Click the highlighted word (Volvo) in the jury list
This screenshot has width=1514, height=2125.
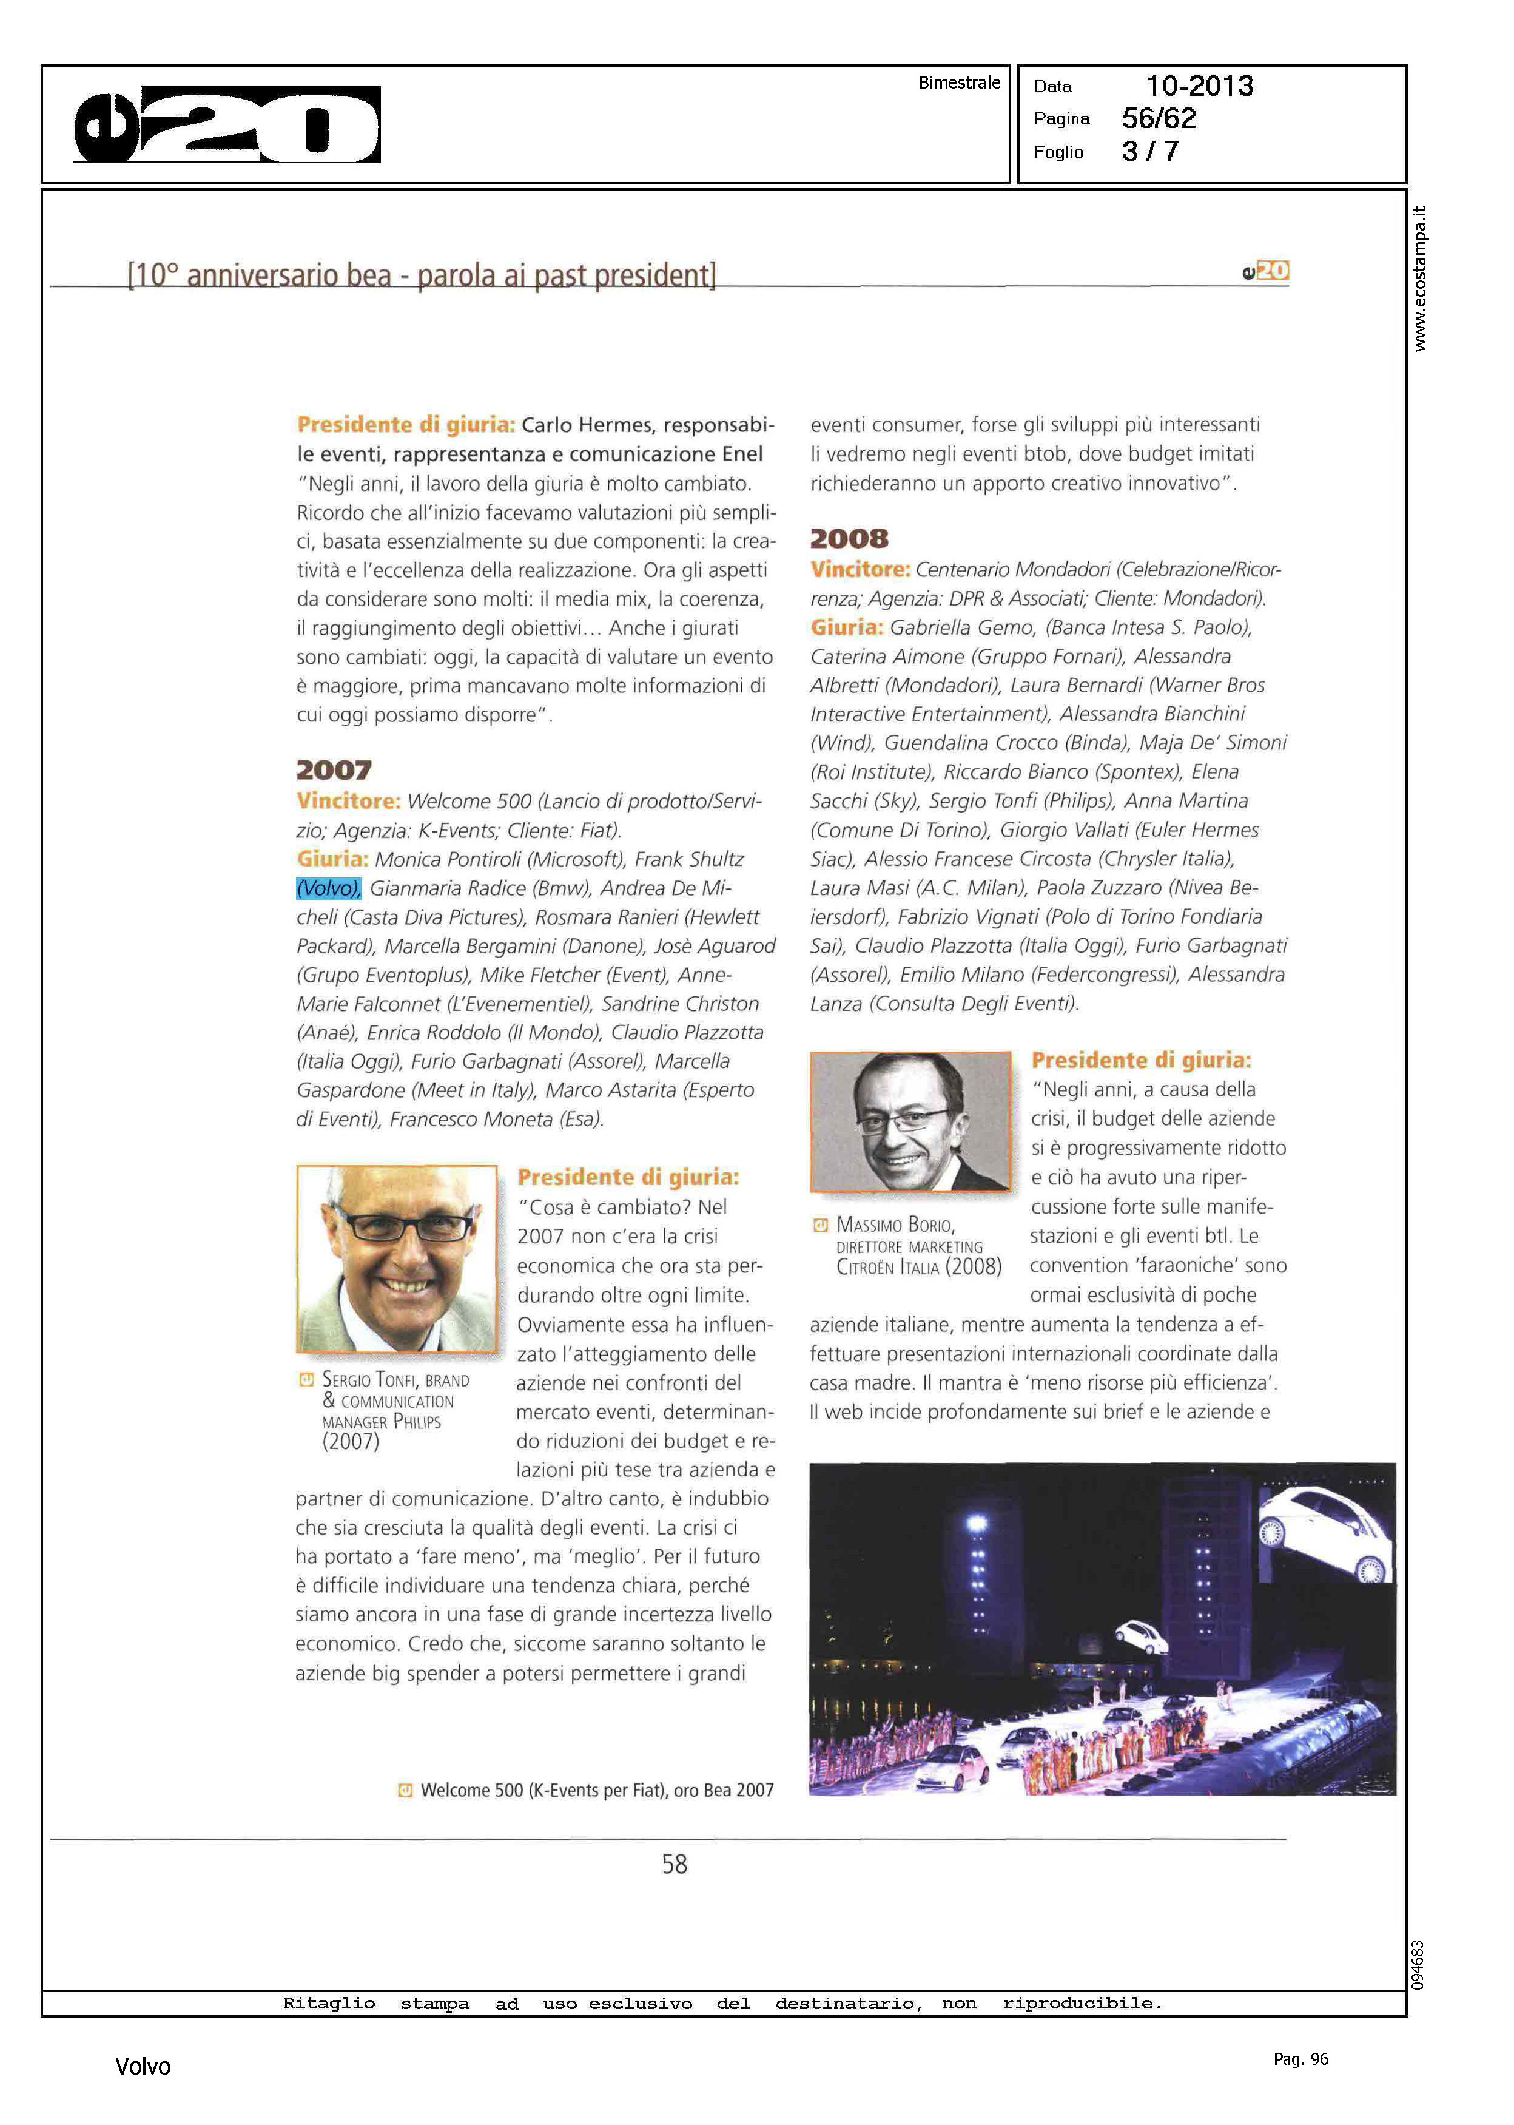pos(328,888)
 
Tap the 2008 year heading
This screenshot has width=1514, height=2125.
pos(849,539)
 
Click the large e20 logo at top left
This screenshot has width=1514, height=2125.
pos(226,125)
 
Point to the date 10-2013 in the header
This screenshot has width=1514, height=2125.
pos(1199,86)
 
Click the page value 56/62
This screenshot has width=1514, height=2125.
pos(1158,118)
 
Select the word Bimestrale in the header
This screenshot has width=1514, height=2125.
pos(958,83)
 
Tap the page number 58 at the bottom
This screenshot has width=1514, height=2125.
pos(674,1864)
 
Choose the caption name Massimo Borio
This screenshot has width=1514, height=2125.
pos(895,1225)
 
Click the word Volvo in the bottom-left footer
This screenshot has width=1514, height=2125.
pos(143,2066)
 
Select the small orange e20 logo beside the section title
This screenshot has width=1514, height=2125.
pos(1265,271)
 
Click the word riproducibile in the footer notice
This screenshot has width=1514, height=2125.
pos(1082,2004)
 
